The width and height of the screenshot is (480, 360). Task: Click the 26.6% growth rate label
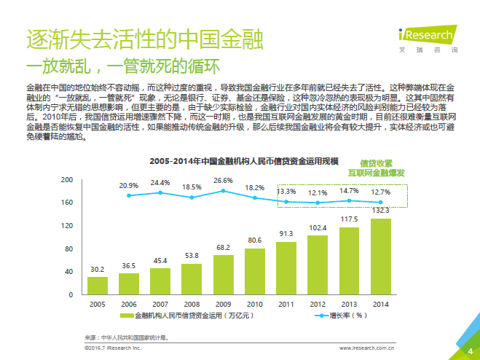click(223, 180)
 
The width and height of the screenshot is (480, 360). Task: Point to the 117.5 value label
click(349, 219)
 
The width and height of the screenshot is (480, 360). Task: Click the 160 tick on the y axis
click(67, 202)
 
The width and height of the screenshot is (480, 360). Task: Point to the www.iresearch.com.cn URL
click(381, 350)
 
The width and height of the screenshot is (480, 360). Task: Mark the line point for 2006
click(129, 195)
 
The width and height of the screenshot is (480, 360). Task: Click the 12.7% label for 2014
click(380, 192)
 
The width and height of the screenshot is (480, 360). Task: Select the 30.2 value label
click(97, 269)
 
